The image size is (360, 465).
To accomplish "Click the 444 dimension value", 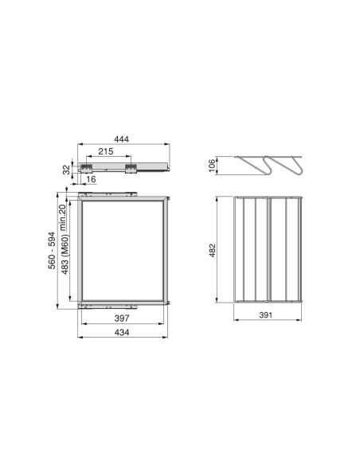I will coord(121,139).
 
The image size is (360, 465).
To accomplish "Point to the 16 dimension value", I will coord(92,180).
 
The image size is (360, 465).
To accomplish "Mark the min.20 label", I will coord(65,213).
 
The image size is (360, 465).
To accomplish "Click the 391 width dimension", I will coord(268,316).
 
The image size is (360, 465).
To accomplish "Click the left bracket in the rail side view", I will coord(83,167).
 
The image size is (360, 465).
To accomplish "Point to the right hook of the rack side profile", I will coord(292,166).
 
